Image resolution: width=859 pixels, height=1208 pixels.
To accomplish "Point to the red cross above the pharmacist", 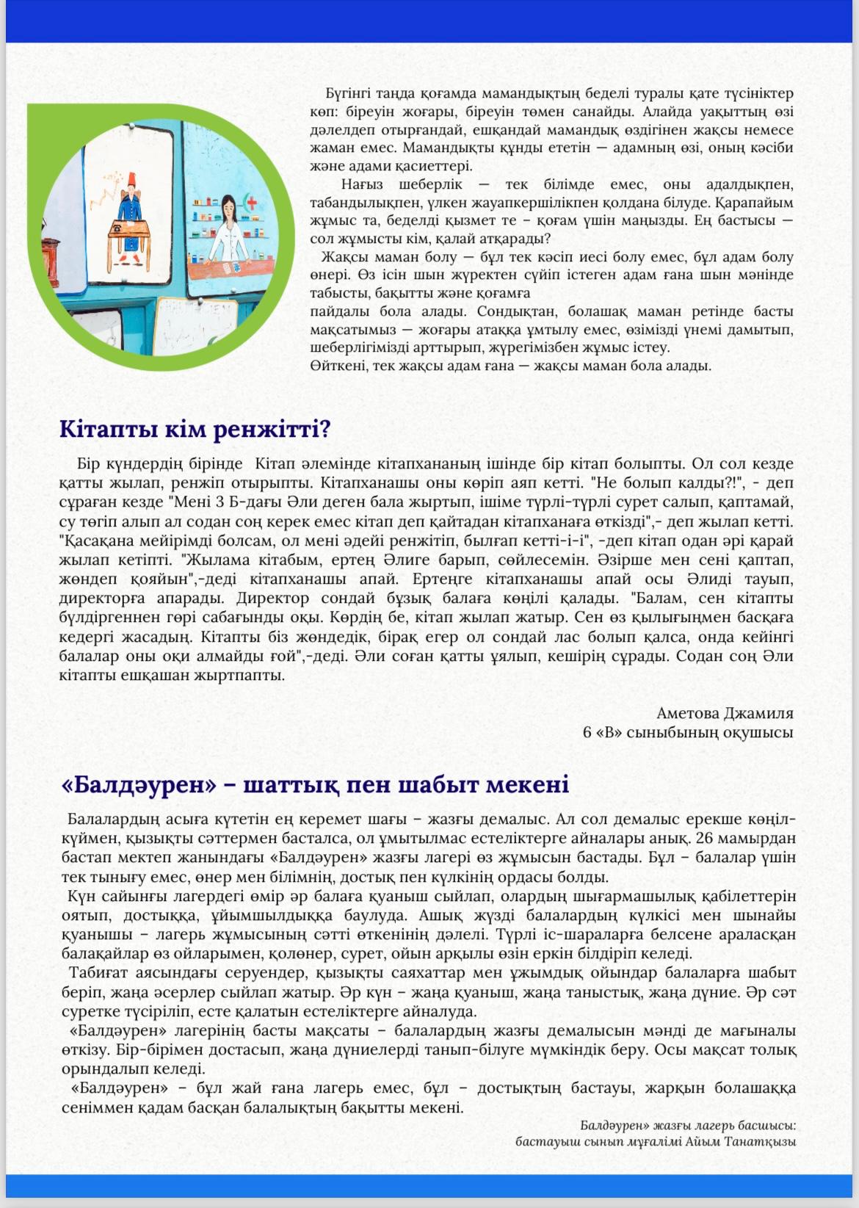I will click(253, 203).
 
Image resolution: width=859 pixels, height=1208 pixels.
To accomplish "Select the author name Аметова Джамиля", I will click(725, 712).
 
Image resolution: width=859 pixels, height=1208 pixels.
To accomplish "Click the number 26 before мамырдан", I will click(708, 838).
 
